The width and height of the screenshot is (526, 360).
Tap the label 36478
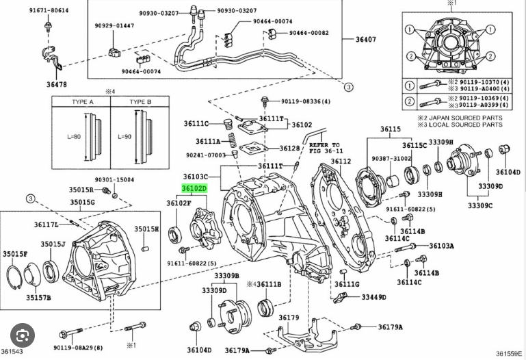[57, 84]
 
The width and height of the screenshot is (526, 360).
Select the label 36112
[341, 162]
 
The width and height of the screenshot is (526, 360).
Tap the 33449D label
[374, 297]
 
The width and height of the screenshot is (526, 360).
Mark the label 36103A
[441, 245]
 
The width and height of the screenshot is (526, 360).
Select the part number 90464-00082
[308, 32]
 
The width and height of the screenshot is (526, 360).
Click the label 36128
[289, 148]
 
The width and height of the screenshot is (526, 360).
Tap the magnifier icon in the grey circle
[24, 337]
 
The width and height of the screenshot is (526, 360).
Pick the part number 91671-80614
[49, 11]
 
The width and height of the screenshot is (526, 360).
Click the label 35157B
[38, 298]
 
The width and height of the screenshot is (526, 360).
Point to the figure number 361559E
[509, 353]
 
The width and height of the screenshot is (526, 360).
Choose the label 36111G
[347, 284]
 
